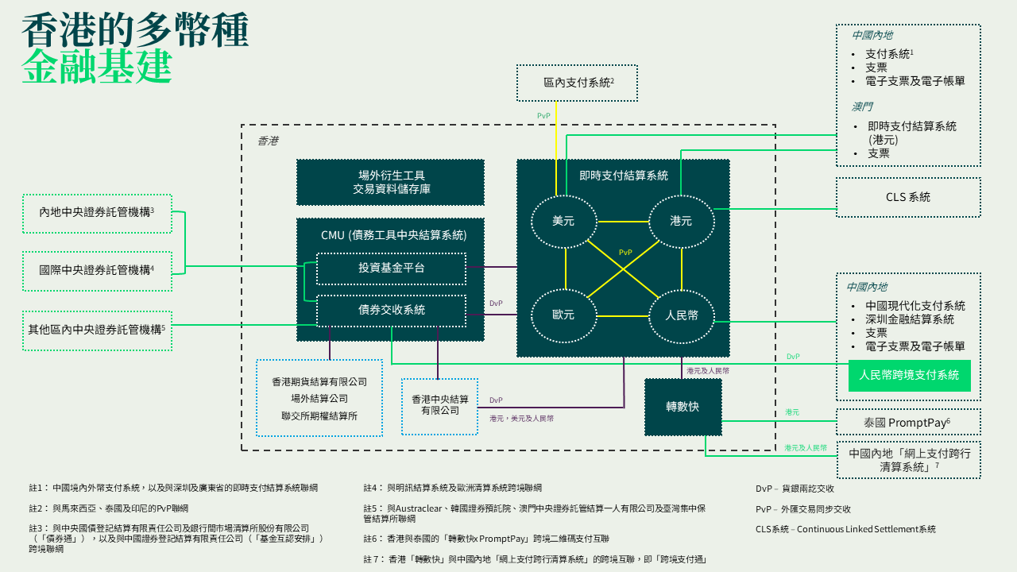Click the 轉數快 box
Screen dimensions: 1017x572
(683, 407)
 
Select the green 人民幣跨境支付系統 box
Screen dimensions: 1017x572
(910, 376)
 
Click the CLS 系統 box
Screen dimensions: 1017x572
(908, 197)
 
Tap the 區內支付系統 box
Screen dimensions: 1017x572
(577, 83)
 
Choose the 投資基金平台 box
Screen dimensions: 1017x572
(392, 269)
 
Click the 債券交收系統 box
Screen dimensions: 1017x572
(392, 311)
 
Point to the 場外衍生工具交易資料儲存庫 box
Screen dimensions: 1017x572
(390, 182)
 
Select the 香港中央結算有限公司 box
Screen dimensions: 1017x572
(439, 406)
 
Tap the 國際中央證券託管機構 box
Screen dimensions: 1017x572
(97, 271)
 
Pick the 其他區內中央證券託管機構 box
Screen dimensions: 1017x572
(97, 330)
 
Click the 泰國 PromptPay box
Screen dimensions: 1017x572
(908, 422)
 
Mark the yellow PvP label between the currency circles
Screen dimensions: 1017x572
(625, 253)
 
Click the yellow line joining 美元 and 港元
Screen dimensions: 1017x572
(624, 222)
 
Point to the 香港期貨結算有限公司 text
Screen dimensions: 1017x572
(319, 382)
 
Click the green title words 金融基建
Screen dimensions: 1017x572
(97, 66)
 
